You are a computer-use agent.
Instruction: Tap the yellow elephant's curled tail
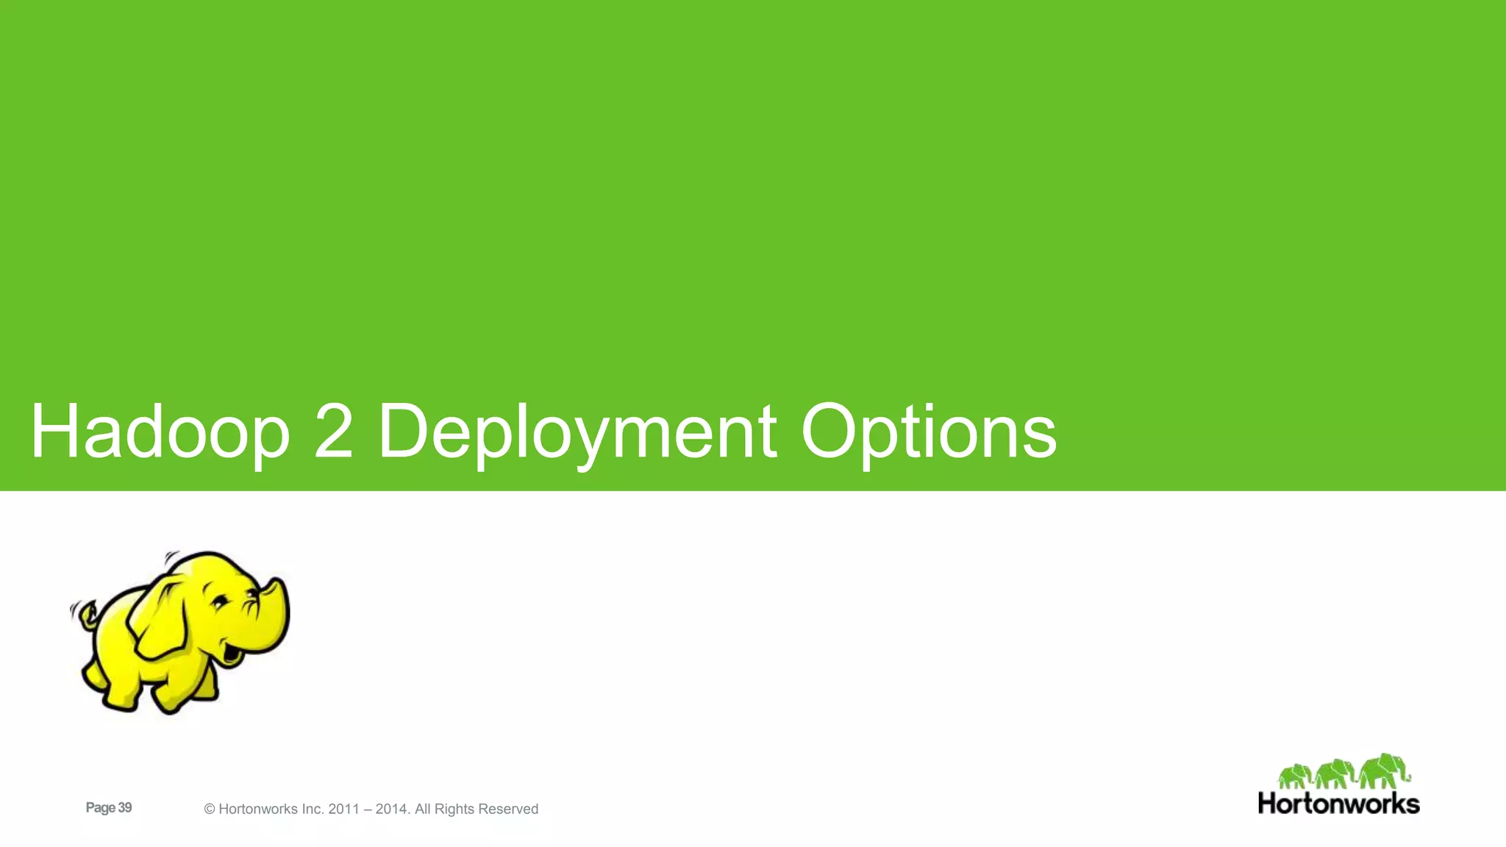86,615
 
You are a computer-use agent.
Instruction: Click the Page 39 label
109,808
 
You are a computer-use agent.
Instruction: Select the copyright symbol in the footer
210,810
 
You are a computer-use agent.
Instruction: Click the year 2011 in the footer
344,810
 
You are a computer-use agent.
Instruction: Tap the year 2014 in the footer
391,810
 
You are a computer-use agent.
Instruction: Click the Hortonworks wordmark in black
1338,804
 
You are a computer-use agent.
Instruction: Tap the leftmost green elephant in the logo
1295,776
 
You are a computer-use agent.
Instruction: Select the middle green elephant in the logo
1335,774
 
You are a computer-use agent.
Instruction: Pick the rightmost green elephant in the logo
1383,771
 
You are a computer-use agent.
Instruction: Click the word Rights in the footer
454,810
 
